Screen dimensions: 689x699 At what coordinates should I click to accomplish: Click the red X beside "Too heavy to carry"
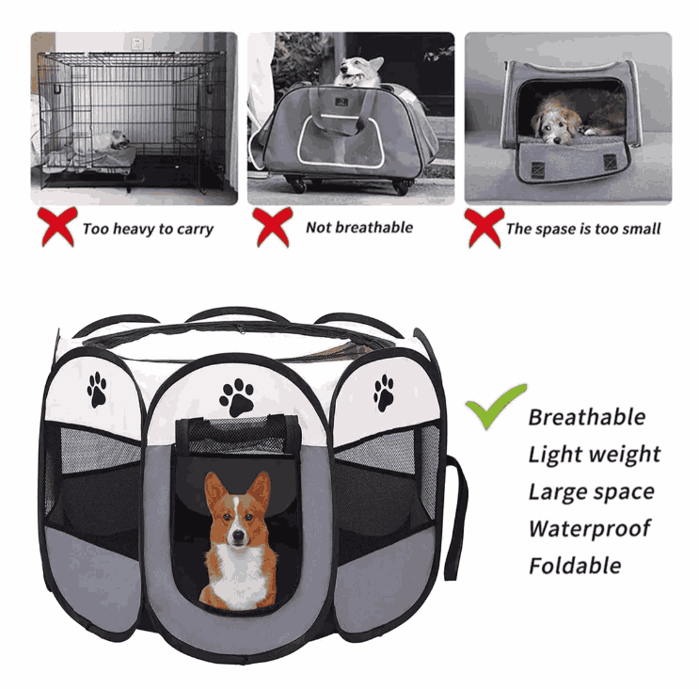point(57,228)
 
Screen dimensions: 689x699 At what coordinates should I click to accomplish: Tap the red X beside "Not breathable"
point(272,228)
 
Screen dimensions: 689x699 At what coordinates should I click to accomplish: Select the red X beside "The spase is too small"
point(484,228)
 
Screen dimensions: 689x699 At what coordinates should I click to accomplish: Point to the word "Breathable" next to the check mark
point(586,417)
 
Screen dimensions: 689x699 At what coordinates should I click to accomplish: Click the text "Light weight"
point(594,455)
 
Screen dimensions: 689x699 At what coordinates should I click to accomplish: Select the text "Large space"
point(590,491)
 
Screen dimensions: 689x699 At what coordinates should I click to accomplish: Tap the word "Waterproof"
point(589,528)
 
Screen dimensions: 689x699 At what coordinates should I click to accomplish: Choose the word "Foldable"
point(574,566)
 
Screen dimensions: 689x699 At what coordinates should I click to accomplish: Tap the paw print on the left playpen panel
point(97,389)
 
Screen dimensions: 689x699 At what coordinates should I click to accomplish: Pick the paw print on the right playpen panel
point(384,393)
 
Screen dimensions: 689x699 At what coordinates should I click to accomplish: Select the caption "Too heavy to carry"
point(148,229)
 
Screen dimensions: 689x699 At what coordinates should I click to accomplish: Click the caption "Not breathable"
point(359,228)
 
